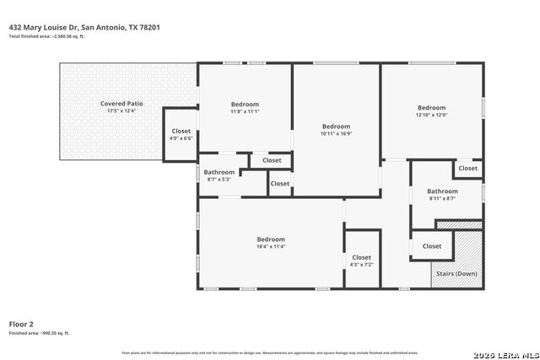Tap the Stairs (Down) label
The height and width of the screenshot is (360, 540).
tap(456, 274)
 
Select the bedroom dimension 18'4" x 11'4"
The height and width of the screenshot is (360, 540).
tap(271, 246)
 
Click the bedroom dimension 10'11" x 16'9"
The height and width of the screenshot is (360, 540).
tap(336, 133)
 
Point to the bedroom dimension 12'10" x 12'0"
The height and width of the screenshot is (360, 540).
tap(431, 115)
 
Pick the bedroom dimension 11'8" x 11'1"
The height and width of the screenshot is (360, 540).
tap(245, 111)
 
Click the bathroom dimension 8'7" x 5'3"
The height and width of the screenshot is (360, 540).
tap(219, 180)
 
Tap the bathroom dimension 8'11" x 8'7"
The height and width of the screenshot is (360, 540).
tap(442, 199)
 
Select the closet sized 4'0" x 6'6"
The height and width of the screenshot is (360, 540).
tap(181, 138)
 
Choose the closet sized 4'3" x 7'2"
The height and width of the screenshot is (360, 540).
tap(361, 265)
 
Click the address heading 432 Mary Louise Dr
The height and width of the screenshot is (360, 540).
tap(84, 27)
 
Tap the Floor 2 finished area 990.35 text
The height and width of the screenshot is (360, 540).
tap(39, 333)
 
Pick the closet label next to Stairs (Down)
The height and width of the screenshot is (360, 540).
tap(431, 246)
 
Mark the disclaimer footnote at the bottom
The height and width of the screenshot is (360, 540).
tap(270, 352)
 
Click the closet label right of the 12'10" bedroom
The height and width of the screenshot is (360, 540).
tap(467, 169)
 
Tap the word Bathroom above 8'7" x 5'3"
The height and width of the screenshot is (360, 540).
tap(219, 172)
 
